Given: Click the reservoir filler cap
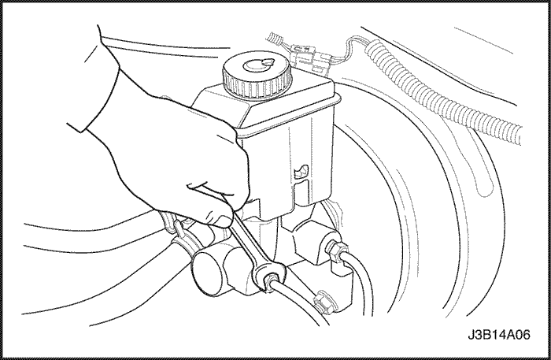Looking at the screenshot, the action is click(257, 75).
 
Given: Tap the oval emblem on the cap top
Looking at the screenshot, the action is click(258, 65).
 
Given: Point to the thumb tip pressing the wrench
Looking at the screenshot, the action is click(222, 220).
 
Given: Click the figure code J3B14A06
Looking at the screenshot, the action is click(498, 335).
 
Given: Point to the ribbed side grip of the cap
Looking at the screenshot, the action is click(257, 87).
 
